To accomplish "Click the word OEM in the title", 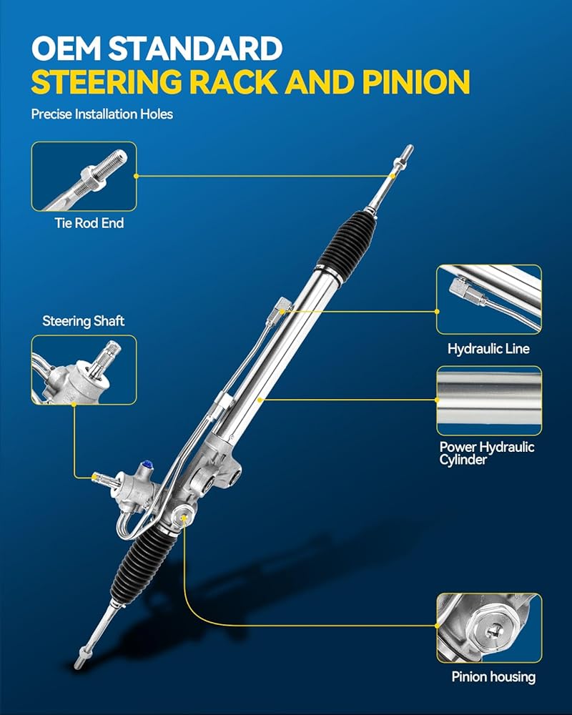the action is tap(66, 49).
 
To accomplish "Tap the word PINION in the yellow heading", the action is tap(416, 82).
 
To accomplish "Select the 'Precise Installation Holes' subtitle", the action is tap(102, 114).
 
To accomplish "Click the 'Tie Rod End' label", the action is tap(89, 223).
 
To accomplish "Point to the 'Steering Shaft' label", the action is tap(84, 321).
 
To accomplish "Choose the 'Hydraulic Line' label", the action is tap(488, 349).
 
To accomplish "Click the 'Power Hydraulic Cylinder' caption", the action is tap(487, 453).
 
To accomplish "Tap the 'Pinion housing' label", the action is tap(493, 676).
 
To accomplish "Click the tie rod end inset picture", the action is tap(84, 177).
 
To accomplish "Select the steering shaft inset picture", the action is tap(84, 370).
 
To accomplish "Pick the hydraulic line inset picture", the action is tap(489, 300).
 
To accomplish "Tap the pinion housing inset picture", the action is tap(490, 628).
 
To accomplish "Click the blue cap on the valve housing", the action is tap(147, 465).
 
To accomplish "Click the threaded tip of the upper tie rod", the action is tap(405, 155).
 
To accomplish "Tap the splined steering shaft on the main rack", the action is tap(103, 479).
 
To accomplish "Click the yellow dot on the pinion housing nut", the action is tap(184, 518).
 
